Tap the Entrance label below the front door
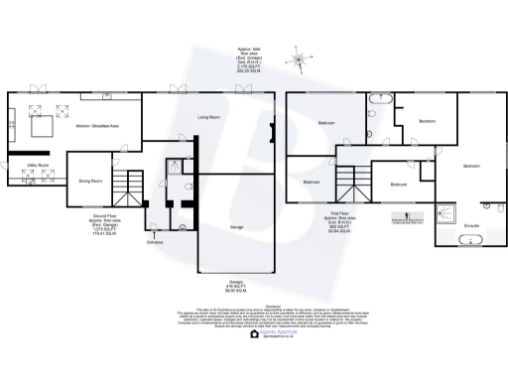pyautogui.click(x=155, y=241)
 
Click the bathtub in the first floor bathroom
pyautogui.click(x=381, y=101)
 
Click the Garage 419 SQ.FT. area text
pyautogui.click(x=234, y=289)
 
